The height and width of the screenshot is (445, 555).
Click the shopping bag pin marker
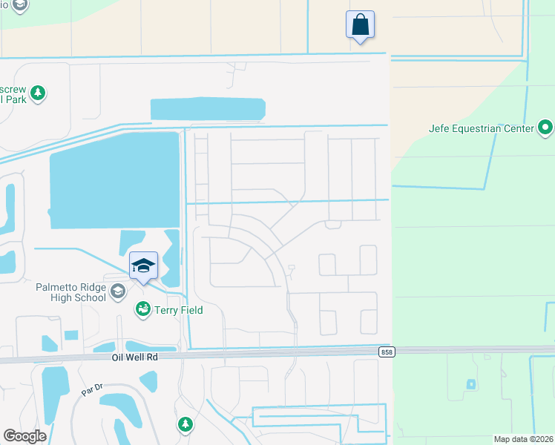[360, 24]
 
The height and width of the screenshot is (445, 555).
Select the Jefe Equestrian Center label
[481, 128]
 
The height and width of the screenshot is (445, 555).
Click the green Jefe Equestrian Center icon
[546, 128]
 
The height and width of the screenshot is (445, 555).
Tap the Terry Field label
[178, 310]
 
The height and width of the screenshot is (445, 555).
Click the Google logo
[25, 436]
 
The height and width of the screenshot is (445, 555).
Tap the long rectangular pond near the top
[208, 109]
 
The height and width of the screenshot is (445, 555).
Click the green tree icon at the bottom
[185, 424]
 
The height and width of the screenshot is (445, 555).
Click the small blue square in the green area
[470, 384]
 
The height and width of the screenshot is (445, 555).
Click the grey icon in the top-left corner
[20, 6]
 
